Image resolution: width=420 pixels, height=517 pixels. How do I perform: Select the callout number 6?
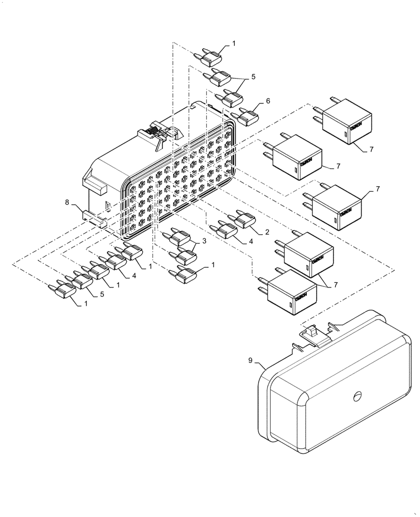coord(268,101)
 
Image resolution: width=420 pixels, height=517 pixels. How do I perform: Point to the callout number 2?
coord(267,232)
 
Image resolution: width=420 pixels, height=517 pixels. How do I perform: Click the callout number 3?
coord(204,241)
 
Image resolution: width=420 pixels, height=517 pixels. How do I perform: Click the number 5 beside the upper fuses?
coord(253,77)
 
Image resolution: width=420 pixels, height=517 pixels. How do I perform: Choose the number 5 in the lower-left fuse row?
coord(101,294)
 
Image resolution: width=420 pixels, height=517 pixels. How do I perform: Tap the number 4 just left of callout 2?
coord(250,241)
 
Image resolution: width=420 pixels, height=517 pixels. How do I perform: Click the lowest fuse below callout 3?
coord(185,275)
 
